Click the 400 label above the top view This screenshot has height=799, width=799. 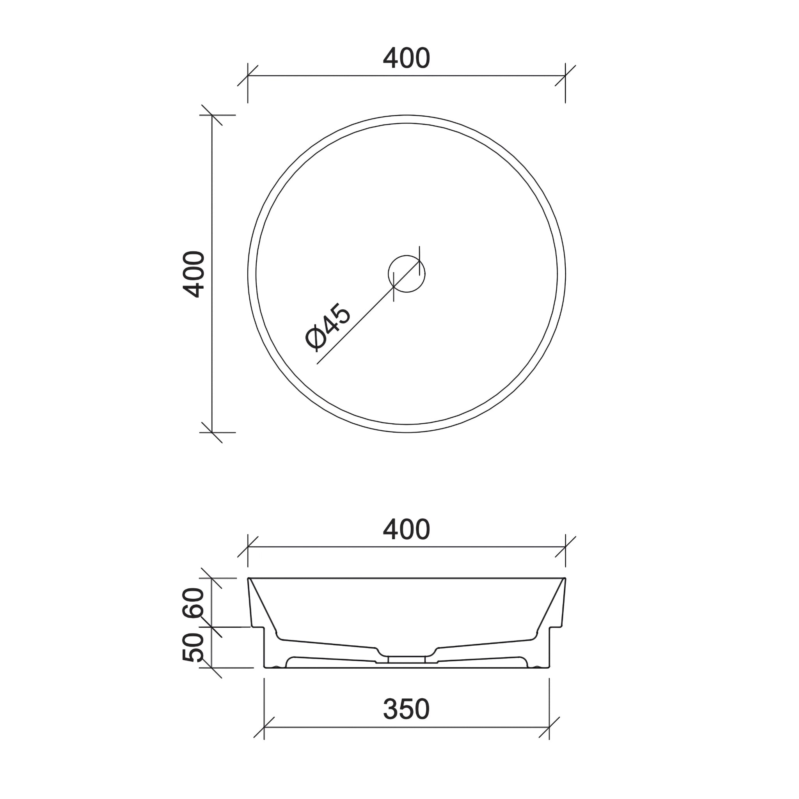tap(406, 58)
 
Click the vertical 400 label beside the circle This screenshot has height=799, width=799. tap(194, 274)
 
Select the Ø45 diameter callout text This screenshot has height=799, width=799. tap(328, 326)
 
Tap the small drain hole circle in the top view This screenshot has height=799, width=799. tap(407, 274)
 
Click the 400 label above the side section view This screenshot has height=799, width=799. tap(406, 529)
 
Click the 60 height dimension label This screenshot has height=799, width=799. tap(194, 603)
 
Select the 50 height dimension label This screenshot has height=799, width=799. tap(194, 647)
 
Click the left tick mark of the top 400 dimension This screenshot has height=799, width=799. tap(248, 76)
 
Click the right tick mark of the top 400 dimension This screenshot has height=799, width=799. tap(565, 76)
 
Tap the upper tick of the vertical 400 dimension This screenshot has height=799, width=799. tap(212, 115)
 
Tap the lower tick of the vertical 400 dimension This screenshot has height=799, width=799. tap(212, 433)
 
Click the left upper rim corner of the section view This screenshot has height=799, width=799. tap(249, 578)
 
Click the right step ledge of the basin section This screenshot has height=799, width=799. tap(556, 627)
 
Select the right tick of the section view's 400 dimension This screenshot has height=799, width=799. tap(565, 547)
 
